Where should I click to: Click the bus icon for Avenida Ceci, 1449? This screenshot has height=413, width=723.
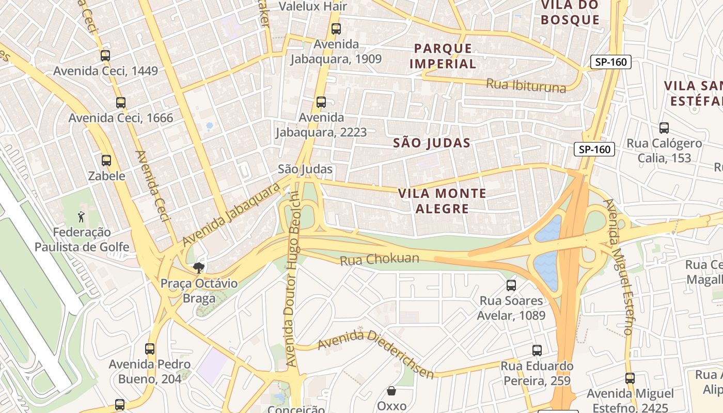tap(105, 56)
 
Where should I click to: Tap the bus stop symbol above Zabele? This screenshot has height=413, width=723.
tap(106, 161)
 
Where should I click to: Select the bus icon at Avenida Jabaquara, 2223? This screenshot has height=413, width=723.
tap(321, 102)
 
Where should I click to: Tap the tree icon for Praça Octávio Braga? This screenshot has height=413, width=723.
tap(198, 267)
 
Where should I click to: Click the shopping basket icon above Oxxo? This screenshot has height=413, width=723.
tap(391, 391)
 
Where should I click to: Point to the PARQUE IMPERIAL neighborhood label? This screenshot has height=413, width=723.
tap(444, 56)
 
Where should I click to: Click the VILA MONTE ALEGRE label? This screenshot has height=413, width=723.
tap(442, 201)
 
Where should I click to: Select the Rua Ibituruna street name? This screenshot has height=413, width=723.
tap(526, 86)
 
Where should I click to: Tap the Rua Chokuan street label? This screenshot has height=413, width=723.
tap(380, 259)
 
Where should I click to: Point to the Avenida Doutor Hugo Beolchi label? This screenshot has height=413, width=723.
tap(292, 279)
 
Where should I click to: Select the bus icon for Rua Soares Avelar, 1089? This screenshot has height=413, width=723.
tap(511, 285)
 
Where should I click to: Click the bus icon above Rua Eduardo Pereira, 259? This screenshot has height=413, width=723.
tap(537, 351)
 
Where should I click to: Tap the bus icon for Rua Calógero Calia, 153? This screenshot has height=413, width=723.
tap(664, 128)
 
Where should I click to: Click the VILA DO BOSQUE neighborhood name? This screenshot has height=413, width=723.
tap(570, 12)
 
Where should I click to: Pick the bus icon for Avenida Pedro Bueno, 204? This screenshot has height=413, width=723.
tap(150, 348)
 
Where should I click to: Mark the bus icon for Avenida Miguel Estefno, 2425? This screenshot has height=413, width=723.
tap(630, 378)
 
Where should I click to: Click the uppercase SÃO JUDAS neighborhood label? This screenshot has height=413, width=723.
tap(432, 143)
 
